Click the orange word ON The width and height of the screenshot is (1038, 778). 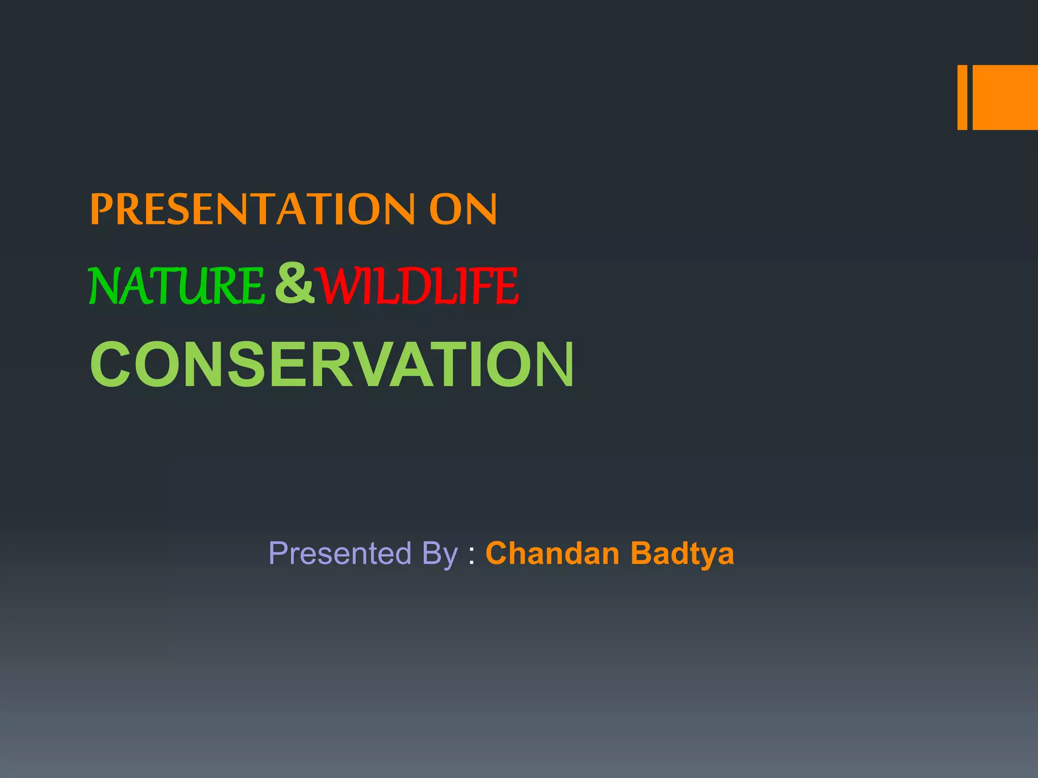click(463, 209)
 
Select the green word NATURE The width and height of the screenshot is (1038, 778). click(176, 286)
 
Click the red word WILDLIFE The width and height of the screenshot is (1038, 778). click(418, 286)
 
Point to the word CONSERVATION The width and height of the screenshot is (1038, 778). click(332, 365)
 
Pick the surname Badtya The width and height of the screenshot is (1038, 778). click(682, 553)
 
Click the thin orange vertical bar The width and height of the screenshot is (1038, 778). click(962, 97)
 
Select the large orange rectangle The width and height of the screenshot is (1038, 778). click(1005, 97)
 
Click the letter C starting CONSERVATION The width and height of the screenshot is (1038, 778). click(110, 365)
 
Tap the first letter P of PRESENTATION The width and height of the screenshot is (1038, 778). click(101, 209)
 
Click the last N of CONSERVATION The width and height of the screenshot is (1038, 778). click(551, 365)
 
